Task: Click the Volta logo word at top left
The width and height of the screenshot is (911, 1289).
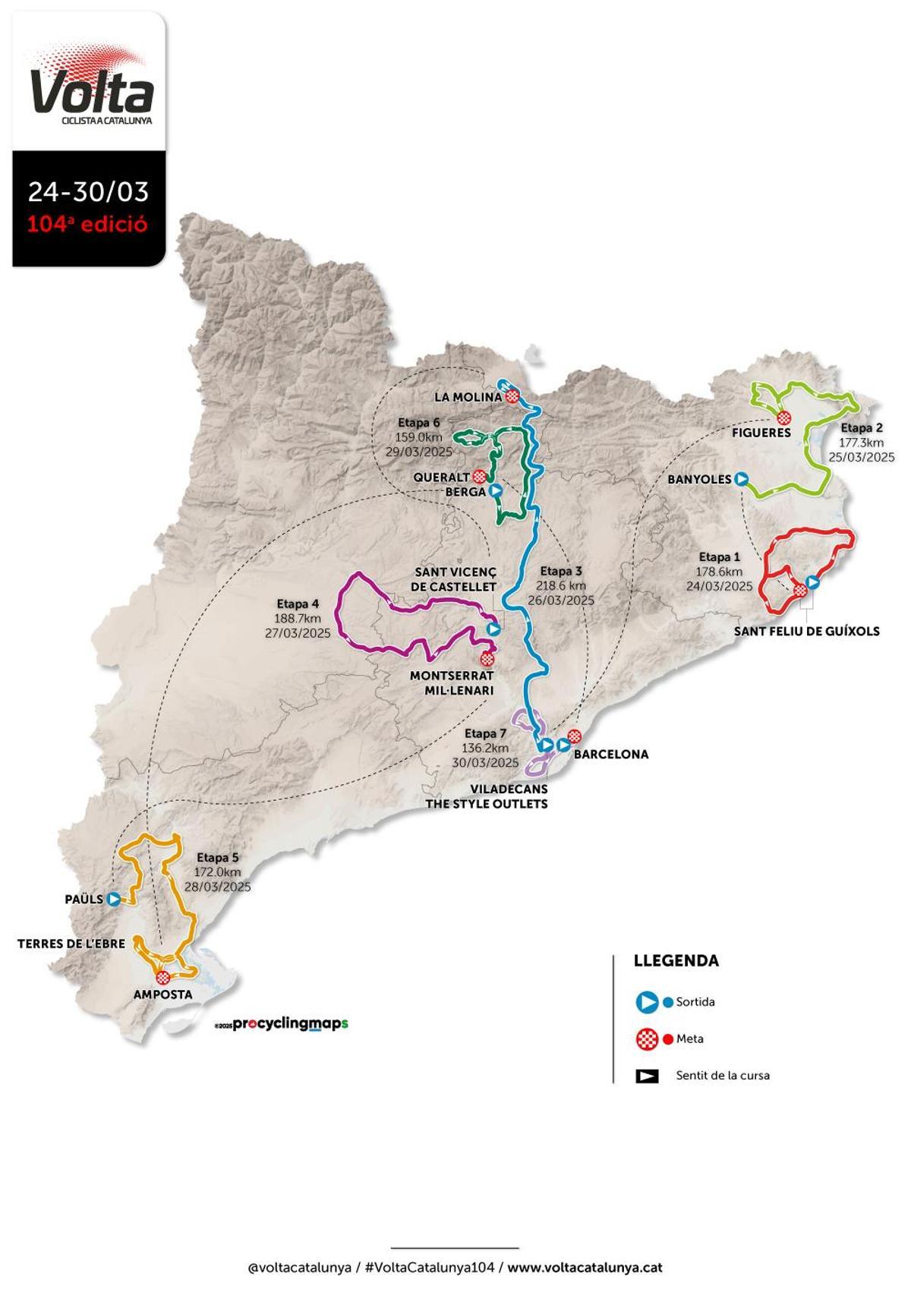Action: tap(91, 91)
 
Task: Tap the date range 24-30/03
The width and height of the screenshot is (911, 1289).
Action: tap(88, 191)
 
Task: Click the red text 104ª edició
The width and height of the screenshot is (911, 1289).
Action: tap(88, 225)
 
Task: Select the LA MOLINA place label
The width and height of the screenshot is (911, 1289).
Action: tap(468, 397)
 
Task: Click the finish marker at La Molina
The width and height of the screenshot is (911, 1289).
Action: tap(513, 395)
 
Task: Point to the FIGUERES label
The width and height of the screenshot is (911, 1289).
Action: tap(761, 433)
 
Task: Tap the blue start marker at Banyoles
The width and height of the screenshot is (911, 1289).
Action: tap(741, 478)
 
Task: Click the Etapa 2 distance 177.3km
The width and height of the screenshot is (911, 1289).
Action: tap(861, 443)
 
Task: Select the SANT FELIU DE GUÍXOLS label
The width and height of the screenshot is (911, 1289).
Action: tap(806, 631)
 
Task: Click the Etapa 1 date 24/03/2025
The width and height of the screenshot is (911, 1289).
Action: tap(719, 586)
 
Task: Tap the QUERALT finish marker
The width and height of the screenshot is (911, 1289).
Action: tap(479, 477)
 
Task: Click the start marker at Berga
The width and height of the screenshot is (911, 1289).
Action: tap(495, 491)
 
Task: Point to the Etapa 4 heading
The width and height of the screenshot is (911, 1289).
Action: tap(298, 604)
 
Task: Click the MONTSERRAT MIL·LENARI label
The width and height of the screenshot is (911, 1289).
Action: tap(452, 682)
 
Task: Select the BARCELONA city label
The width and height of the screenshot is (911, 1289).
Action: tap(610, 754)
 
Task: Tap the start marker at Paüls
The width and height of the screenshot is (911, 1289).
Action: tap(114, 899)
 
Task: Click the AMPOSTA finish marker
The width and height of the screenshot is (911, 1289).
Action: tap(162, 978)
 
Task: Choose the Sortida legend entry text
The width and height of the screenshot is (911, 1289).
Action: tap(695, 1002)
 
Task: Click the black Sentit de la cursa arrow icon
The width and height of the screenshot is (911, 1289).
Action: tap(647, 1076)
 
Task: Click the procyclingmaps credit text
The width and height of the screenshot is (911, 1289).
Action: tap(289, 1023)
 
